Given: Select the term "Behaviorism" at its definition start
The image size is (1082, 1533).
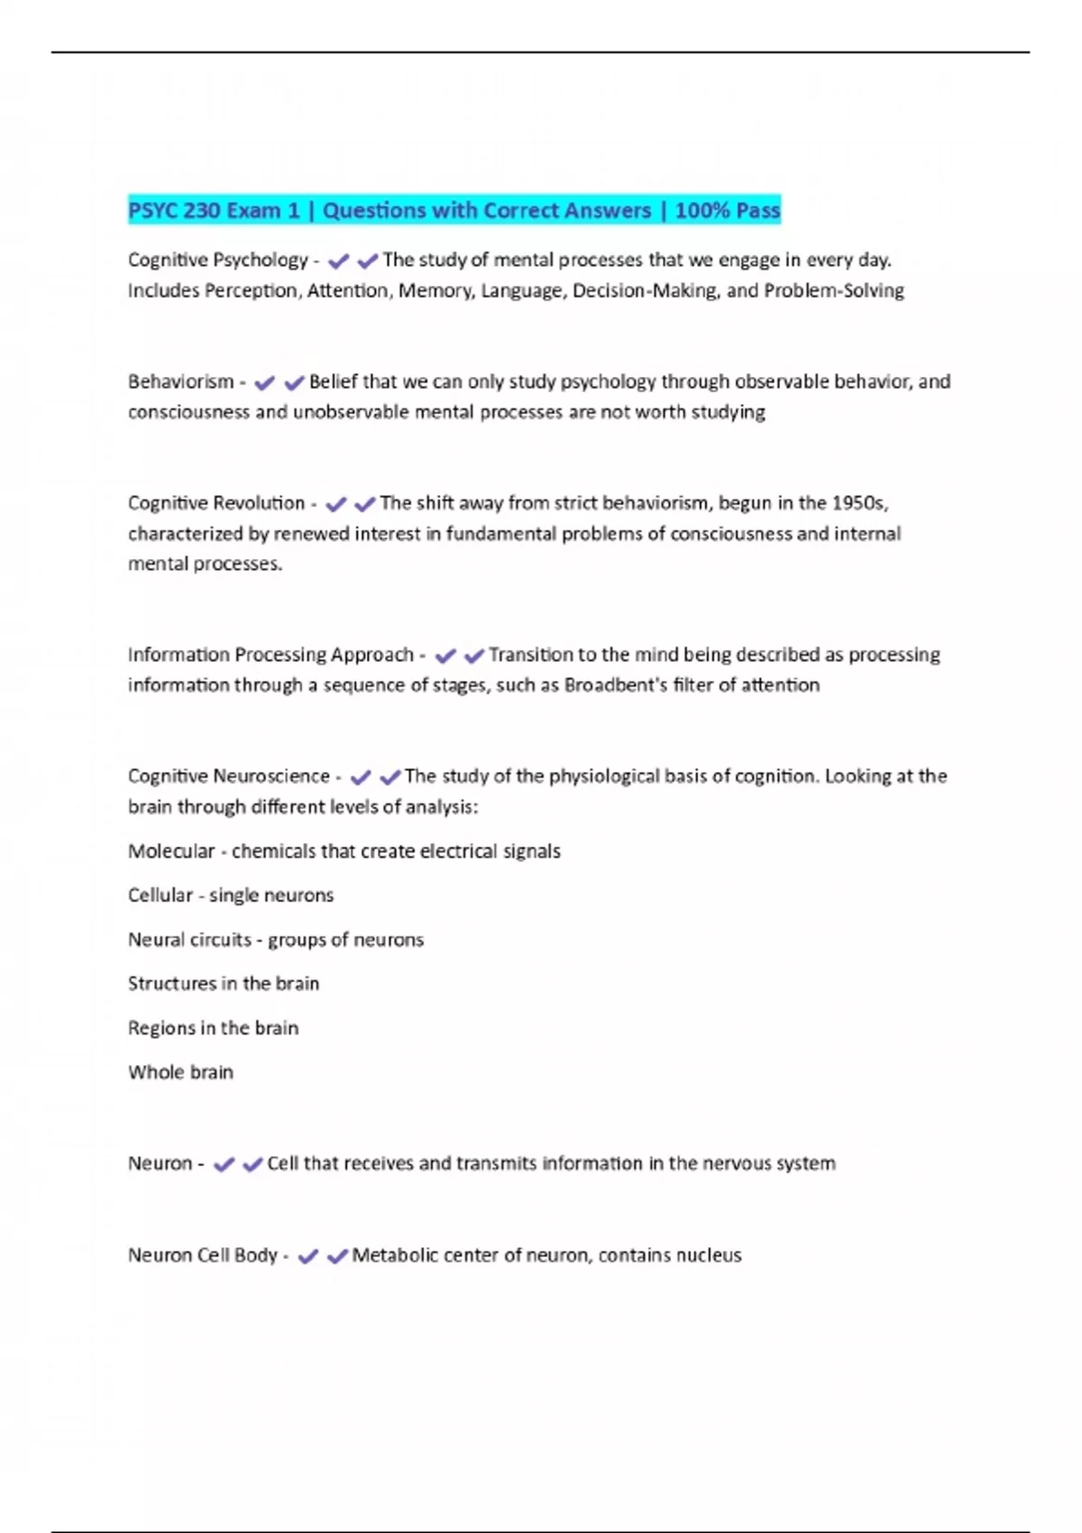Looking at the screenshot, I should (x=180, y=382).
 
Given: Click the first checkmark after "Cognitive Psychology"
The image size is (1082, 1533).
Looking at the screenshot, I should (x=338, y=262).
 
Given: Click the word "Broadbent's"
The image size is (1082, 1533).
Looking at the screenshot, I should (x=616, y=685).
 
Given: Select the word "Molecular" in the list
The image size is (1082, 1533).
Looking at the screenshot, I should (x=171, y=851).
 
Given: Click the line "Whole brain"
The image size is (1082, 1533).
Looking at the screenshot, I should (x=180, y=1072).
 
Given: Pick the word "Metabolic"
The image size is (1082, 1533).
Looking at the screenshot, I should (x=393, y=1255).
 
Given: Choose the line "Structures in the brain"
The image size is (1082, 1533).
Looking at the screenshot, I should (x=224, y=984).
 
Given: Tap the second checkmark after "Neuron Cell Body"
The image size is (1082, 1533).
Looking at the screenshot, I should (x=337, y=1256).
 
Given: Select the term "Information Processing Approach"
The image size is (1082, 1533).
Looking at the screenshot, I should (x=270, y=655).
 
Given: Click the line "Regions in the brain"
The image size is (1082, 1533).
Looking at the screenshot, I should (x=213, y=1028).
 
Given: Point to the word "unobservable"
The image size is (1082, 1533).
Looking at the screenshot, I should (x=351, y=413).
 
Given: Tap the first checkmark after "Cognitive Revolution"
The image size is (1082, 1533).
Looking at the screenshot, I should (x=335, y=504).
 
